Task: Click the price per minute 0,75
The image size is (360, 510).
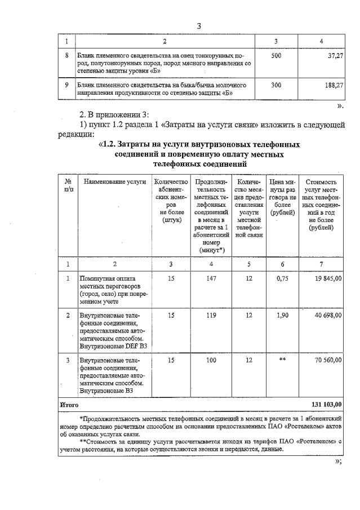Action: (283, 278)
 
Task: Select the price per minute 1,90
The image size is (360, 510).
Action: (283, 316)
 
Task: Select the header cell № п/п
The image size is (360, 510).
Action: (68, 185)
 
